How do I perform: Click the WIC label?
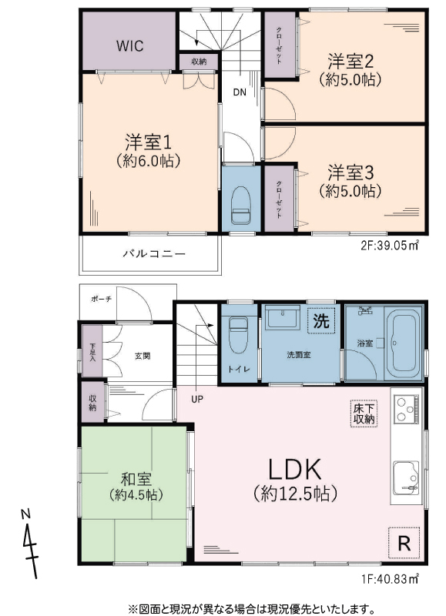[x=129, y=46]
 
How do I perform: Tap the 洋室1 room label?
[x=148, y=142]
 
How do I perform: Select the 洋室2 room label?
[x=350, y=62]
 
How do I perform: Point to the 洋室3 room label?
[x=350, y=172]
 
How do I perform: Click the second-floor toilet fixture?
[x=241, y=205]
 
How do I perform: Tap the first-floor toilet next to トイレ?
[x=238, y=335]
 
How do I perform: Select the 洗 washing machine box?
[x=321, y=321]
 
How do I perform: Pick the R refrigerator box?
[x=404, y=543]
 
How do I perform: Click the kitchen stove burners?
[x=406, y=409]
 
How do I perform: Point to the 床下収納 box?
[x=364, y=413]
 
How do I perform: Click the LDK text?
[x=295, y=470]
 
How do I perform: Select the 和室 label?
[x=136, y=479]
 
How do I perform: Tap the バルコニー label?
[x=153, y=253]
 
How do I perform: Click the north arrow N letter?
[x=25, y=513]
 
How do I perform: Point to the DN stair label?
[x=240, y=92]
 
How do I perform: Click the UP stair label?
[x=197, y=399]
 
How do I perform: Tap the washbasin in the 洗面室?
[x=283, y=317]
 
